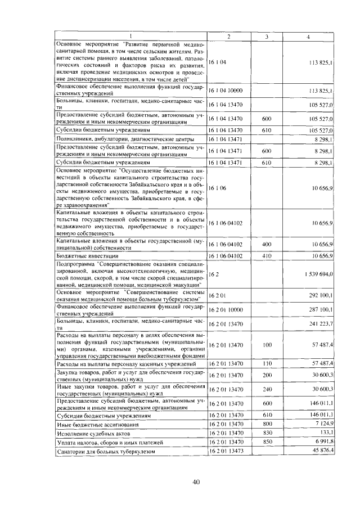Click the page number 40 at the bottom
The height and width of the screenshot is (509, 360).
(x=180, y=481)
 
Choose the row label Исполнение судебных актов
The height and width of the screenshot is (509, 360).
(x=93, y=434)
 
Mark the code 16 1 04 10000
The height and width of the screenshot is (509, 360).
(x=227, y=90)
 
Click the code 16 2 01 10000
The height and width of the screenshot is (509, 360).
(x=227, y=309)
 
